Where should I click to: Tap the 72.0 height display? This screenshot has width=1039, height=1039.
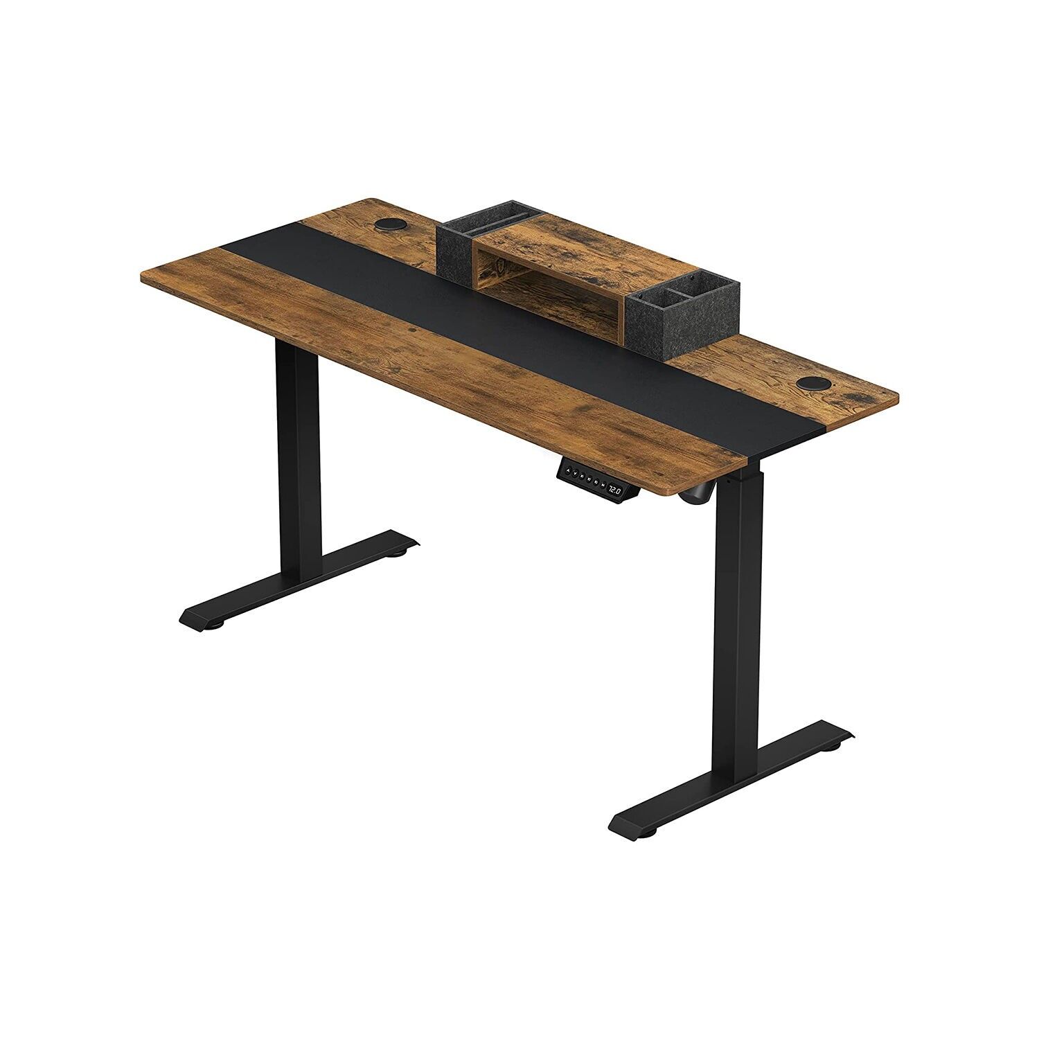pyautogui.click(x=615, y=490)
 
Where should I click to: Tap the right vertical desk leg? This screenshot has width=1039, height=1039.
pyautogui.click(x=738, y=623)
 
